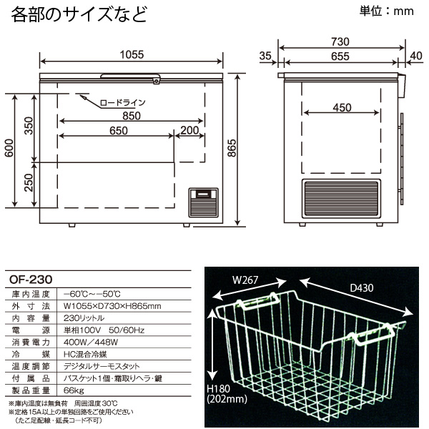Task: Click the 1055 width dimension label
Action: coord(132,54)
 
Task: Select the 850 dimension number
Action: coord(131,115)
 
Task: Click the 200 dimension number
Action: coord(189,130)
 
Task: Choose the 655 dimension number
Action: coord(340,56)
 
